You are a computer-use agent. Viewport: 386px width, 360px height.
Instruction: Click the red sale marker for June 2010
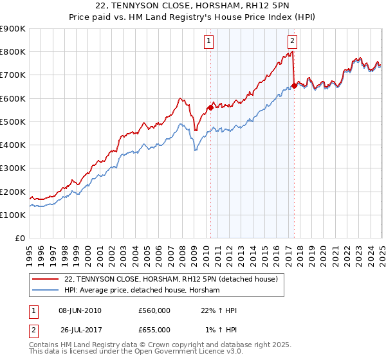click(x=210, y=108)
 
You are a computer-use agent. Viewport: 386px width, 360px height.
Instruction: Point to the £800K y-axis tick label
click(x=13, y=52)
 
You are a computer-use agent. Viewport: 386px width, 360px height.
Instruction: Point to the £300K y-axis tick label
click(x=13, y=168)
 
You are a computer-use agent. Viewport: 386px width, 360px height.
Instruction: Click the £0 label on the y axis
click(x=19, y=239)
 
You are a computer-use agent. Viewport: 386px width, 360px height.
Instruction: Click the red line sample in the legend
click(x=46, y=280)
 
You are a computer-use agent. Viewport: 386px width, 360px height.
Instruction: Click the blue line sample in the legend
click(x=46, y=291)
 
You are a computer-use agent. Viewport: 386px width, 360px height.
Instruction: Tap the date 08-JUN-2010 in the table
click(x=79, y=310)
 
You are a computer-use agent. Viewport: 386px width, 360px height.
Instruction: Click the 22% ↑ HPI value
click(x=219, y=310)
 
